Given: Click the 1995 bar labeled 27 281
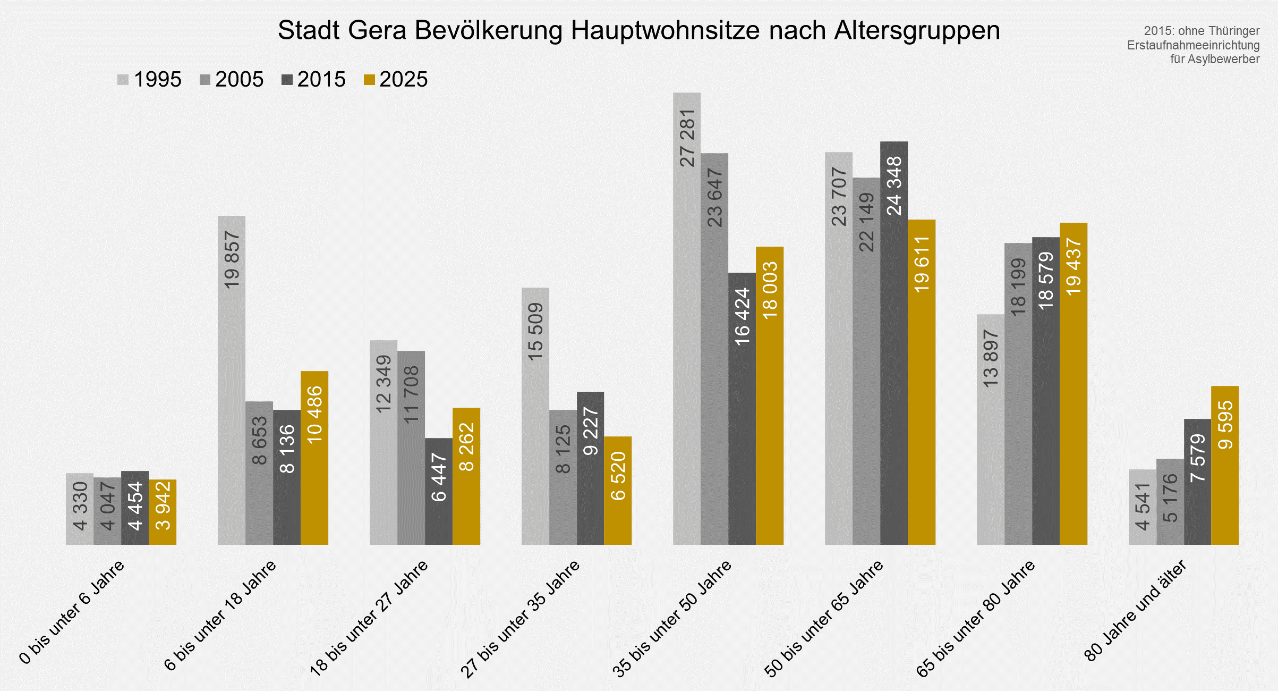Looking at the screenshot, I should coord(686,319).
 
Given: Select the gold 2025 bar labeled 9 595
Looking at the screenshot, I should coord(1224,465).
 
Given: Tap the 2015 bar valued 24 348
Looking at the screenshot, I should coord(893,343).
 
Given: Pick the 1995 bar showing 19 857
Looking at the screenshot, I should coord(232,380).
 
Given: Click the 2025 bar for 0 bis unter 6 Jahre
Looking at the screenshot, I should coord(163,512).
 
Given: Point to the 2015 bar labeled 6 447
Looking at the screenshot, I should coord(438,491).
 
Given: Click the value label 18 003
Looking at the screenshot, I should coord(770,290).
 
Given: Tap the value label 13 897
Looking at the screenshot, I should coord(991,358).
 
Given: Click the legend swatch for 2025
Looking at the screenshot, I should coord(369,80).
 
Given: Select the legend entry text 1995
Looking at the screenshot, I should coord(157,80).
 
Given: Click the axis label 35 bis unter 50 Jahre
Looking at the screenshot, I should coord(672,619).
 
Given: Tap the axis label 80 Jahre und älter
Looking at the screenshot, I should coord(1135,611).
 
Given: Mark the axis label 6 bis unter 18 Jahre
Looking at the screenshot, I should coord(220,617).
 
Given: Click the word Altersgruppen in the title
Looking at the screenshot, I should coord(917,31).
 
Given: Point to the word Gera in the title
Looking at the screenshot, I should coord(377,31).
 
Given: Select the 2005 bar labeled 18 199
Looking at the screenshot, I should coord(1018,393).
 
